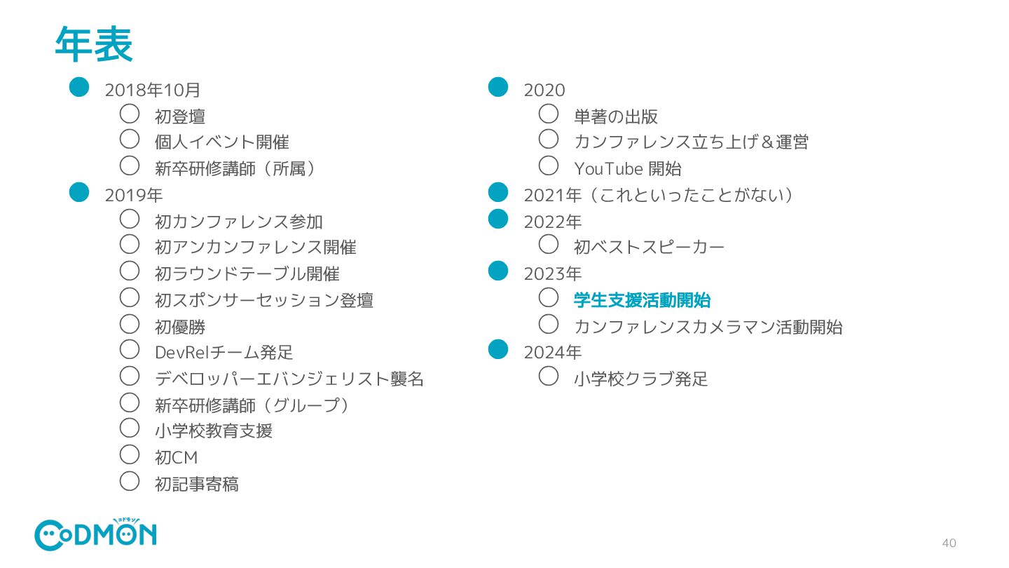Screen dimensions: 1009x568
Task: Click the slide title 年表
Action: tap(93, 45)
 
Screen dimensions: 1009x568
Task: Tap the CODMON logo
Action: tap(95, 535)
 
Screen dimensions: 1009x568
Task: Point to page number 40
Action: tap(949, 543)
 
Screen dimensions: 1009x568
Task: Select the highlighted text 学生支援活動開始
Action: tap(642, 300)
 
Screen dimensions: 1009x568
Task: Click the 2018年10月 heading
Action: tap(153, 90)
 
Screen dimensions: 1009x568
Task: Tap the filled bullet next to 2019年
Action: tap(79, 192)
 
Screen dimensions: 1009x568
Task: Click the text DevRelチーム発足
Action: tap(224, 352)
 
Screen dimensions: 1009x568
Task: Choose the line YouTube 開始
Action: tap(627, 168)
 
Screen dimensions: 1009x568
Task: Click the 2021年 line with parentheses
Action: tap(659, 195)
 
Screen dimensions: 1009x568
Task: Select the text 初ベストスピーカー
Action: tap(649, 247)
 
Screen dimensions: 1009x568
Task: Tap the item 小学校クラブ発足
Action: tap(640, 379)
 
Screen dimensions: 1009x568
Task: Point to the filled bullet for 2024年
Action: tap(497, 349)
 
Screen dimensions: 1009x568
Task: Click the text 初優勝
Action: tap(180, 327)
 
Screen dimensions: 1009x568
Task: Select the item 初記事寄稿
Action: tap(196, 484)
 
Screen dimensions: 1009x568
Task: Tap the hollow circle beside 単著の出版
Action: tap(549, 113)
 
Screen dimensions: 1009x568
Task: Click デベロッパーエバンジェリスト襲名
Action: tap(289, 379)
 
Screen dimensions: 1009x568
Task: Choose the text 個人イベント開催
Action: tap(221, 142)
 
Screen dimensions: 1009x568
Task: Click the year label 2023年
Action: tap(552, 273)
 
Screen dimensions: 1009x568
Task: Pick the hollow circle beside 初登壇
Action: tap(130, 113)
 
